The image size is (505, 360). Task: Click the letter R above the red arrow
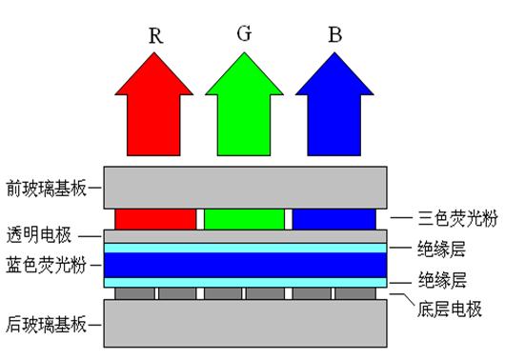click(x=156, y=35)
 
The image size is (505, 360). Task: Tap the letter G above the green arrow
click(x=244, y=33)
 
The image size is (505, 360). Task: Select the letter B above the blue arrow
click(x=335, y=34)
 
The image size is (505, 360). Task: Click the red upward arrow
click(x=154, y=104)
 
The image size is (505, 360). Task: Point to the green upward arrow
click(x=244, y=104)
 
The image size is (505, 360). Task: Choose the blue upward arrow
click(x=334, y=104)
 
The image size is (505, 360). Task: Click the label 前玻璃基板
click(x=47, y=188)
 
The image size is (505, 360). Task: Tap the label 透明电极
click(x=39, y=234)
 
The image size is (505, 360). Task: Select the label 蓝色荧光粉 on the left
click(x=47, y=266)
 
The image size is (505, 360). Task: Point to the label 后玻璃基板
click(x=47, y=325)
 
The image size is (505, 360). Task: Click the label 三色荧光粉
click(x=457, y=219)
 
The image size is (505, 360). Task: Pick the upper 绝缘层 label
click(x=441, y=249)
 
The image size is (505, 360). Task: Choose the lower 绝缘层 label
click(x=442, y=280)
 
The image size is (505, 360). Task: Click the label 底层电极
click(x=450, y=309)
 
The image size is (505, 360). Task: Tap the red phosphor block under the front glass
click(x=155, y=219)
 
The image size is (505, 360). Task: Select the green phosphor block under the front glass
click(x=245, y=219)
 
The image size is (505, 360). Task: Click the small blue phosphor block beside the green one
click(x=334, y=219)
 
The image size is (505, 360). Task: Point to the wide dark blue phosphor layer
click(x=246, y=265)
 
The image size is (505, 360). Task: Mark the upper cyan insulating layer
click(x=246, y=248)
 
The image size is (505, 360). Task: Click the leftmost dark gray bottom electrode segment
click(x=135, y=293)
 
